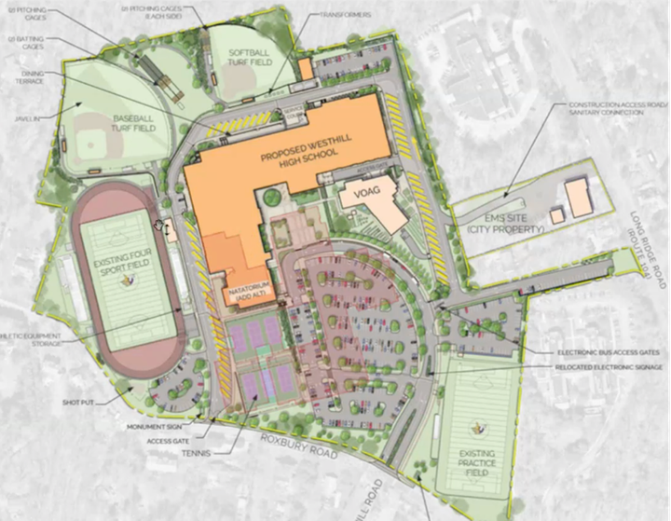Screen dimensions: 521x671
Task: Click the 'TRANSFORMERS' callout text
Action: [346, 15]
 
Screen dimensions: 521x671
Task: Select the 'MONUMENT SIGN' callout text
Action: [148, 426]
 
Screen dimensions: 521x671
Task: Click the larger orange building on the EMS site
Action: [579, 198]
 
